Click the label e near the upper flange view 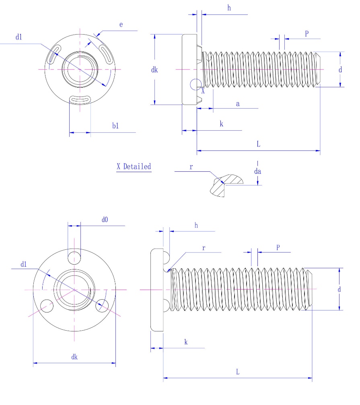[x=121, y=25]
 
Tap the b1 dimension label [x=115, y=126]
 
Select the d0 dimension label [x=105, y=220]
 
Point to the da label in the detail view [x=258, y=171]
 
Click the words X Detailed [x=134, y=167]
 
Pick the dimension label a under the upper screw [x=238, y=104]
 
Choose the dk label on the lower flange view [x=74, y=357]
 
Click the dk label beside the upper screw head [x=154, y=70]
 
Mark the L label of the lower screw [x=238, y=372]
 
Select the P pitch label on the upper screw [x=307, y=34]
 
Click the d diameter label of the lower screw [x=340, y=289]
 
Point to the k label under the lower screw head [x=186, y=342]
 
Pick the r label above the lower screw [x=204, y=248]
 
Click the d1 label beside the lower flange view [x=24, y=264]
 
